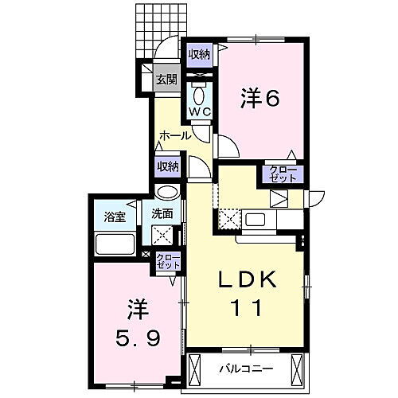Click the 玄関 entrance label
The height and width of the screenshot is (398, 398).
tap(166, 79)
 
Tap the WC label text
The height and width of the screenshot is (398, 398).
tap(198, 112)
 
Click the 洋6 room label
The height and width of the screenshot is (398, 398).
tap(259, 98)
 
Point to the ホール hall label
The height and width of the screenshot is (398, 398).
tap(175, 135)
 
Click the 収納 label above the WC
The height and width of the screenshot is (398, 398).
tap(199, 54)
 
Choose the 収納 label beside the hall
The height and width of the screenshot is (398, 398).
tap(167, 166)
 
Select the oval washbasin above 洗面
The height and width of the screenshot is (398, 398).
tap(167, 193)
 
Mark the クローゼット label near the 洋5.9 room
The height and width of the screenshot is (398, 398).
tap(167, 261)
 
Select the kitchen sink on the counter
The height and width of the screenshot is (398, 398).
tap(256, 218)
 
